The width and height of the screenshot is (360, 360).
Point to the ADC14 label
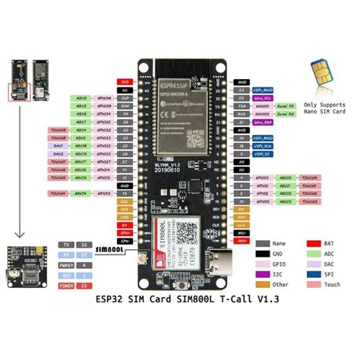pos(81,194)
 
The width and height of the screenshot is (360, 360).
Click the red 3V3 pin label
pos(124,81)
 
